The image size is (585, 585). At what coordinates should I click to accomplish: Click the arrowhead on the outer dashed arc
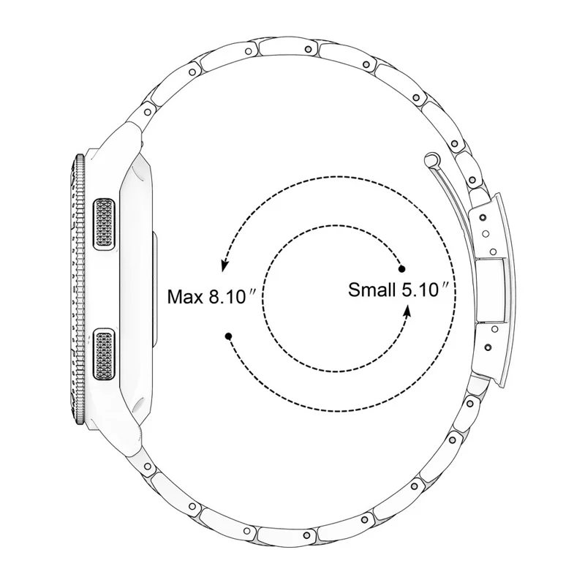click(224, 260)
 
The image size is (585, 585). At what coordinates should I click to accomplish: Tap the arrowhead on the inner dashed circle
click(408, 310)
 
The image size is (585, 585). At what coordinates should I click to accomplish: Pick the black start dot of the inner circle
click(401, 269)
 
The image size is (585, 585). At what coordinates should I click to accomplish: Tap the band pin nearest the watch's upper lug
click(148, 111)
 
